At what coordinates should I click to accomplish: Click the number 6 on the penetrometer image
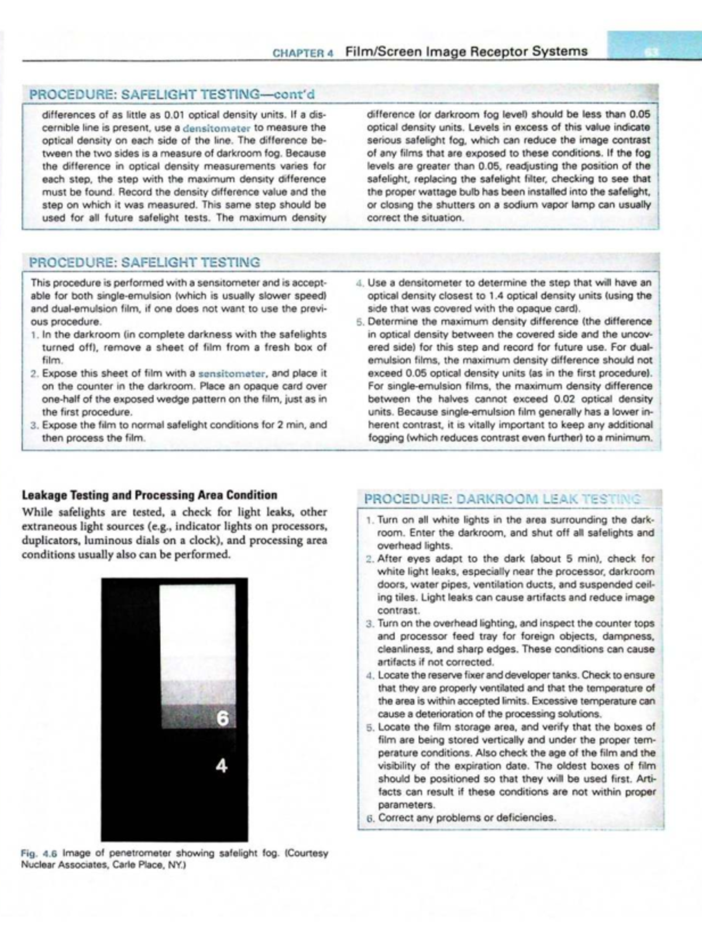pyautogui.click(x=222, y=718)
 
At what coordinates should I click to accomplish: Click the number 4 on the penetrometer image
pyautogui.click(x=222, y=765)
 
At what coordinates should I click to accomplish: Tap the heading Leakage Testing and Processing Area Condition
pyautogui.click(x=149, y=495)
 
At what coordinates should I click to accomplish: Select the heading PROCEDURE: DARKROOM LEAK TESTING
pyautogui.click(x=502, y=499)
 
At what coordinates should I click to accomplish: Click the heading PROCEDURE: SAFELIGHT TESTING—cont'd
pyautogui.click(x=172, y=94)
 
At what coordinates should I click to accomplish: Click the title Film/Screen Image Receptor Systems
pyautogui.click(x=466, y=52)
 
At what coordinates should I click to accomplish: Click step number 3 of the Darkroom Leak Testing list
pyautogui.click(x=370, y=624)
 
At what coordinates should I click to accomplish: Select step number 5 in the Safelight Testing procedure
pyautogui.click(x=360, y=322)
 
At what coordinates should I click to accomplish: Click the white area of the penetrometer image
pyautogui.click(x=197, y=632)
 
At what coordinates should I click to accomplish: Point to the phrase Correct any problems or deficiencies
pyautogui.click(x=467, y=818)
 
